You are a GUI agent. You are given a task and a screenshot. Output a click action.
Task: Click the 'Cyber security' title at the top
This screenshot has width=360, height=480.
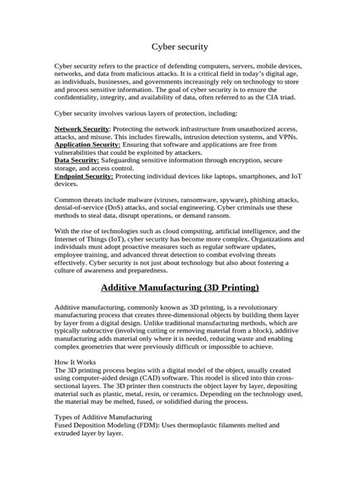180,46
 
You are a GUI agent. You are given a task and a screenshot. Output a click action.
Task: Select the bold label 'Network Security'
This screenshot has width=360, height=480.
81,129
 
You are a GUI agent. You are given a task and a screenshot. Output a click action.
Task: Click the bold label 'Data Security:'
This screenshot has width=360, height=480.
77,160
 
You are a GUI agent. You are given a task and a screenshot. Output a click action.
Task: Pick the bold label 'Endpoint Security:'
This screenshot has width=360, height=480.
84,175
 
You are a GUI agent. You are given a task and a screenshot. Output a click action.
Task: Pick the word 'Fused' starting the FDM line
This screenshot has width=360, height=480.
64,427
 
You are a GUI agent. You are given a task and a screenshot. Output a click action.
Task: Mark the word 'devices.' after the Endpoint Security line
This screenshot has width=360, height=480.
66,183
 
